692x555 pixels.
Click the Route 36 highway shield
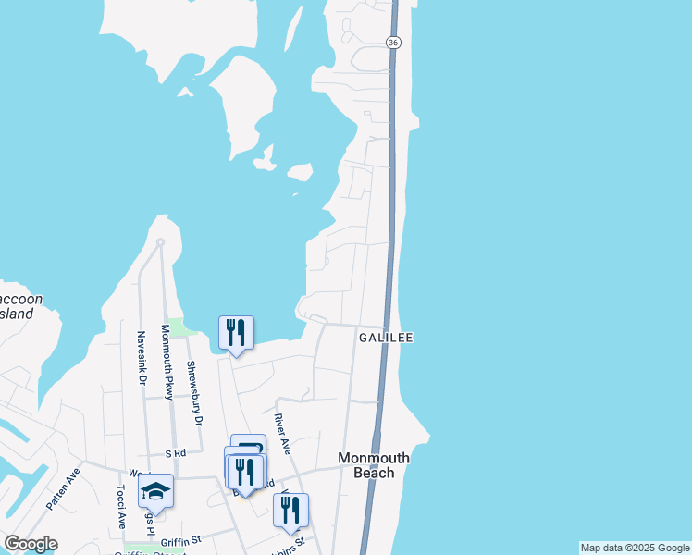point(393,43)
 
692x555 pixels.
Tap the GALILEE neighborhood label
point(385,339)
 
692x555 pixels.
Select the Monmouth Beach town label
point(373,465)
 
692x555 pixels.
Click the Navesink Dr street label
point(142,358)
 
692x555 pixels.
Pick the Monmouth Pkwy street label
point(167,362)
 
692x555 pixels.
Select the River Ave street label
point(282,433)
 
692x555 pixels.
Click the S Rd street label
point(176,453)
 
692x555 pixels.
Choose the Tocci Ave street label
point(121,507)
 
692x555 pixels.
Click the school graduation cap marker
point(155,492)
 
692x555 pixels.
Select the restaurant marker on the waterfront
point(235,333)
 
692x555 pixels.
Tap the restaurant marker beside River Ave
point(290,510)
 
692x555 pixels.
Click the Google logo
point(31,544)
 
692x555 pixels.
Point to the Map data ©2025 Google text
point(635,548)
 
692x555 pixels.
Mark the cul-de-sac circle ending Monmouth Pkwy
point(160,242)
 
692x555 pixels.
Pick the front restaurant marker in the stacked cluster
point(244,473)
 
